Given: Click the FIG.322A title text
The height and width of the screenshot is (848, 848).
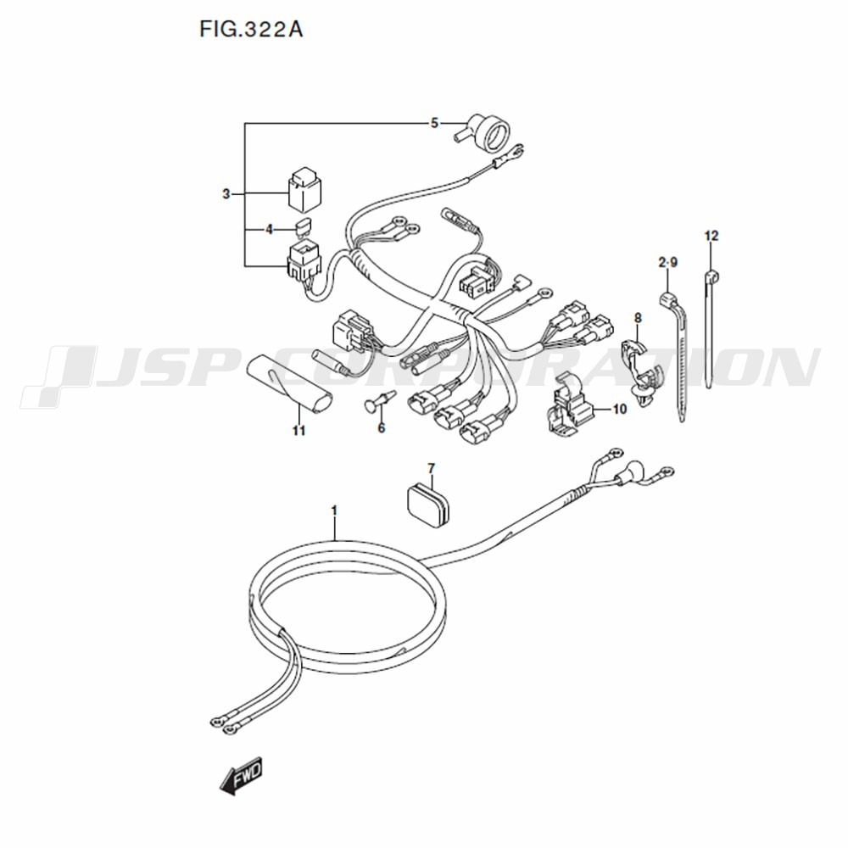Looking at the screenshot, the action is point(251,29).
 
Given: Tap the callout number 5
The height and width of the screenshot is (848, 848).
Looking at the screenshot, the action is point(434,123).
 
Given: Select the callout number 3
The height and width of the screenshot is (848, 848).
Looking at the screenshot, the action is point(226,193).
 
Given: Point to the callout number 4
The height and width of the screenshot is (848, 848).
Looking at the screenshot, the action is point(270,230).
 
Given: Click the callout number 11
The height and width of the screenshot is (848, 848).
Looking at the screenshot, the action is point(299,431).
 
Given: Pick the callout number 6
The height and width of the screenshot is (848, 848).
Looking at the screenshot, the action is point(382,428).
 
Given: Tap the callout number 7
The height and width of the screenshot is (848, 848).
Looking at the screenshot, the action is point(431,468).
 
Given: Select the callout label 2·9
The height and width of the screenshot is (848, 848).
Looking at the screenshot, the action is point(668,263).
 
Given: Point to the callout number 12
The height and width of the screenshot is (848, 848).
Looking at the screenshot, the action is point(711,236).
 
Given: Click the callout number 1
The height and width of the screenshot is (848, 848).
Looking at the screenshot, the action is point(334,510).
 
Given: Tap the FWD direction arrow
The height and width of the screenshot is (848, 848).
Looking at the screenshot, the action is point(241,775).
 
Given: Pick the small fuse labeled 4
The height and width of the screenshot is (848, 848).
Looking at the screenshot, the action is point(304,226).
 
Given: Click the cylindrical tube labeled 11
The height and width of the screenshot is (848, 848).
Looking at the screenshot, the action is point(290,382).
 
